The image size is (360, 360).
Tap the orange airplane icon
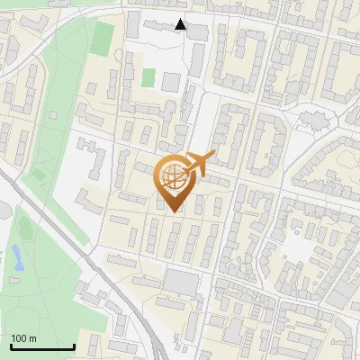[197, 165]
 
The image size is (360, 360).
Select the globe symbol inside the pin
[172, 175]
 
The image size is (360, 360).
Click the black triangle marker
[181, 24]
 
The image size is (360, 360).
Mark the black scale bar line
[42, 347]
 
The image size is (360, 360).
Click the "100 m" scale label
[23, 338]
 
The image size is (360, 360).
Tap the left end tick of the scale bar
[11, 346]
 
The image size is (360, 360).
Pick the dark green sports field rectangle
[103, 38]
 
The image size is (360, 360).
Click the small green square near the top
[148, 78]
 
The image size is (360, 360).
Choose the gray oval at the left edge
[3, 211]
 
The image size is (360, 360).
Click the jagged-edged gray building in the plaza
[315, 118]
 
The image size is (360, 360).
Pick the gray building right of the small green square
[170, 82]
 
